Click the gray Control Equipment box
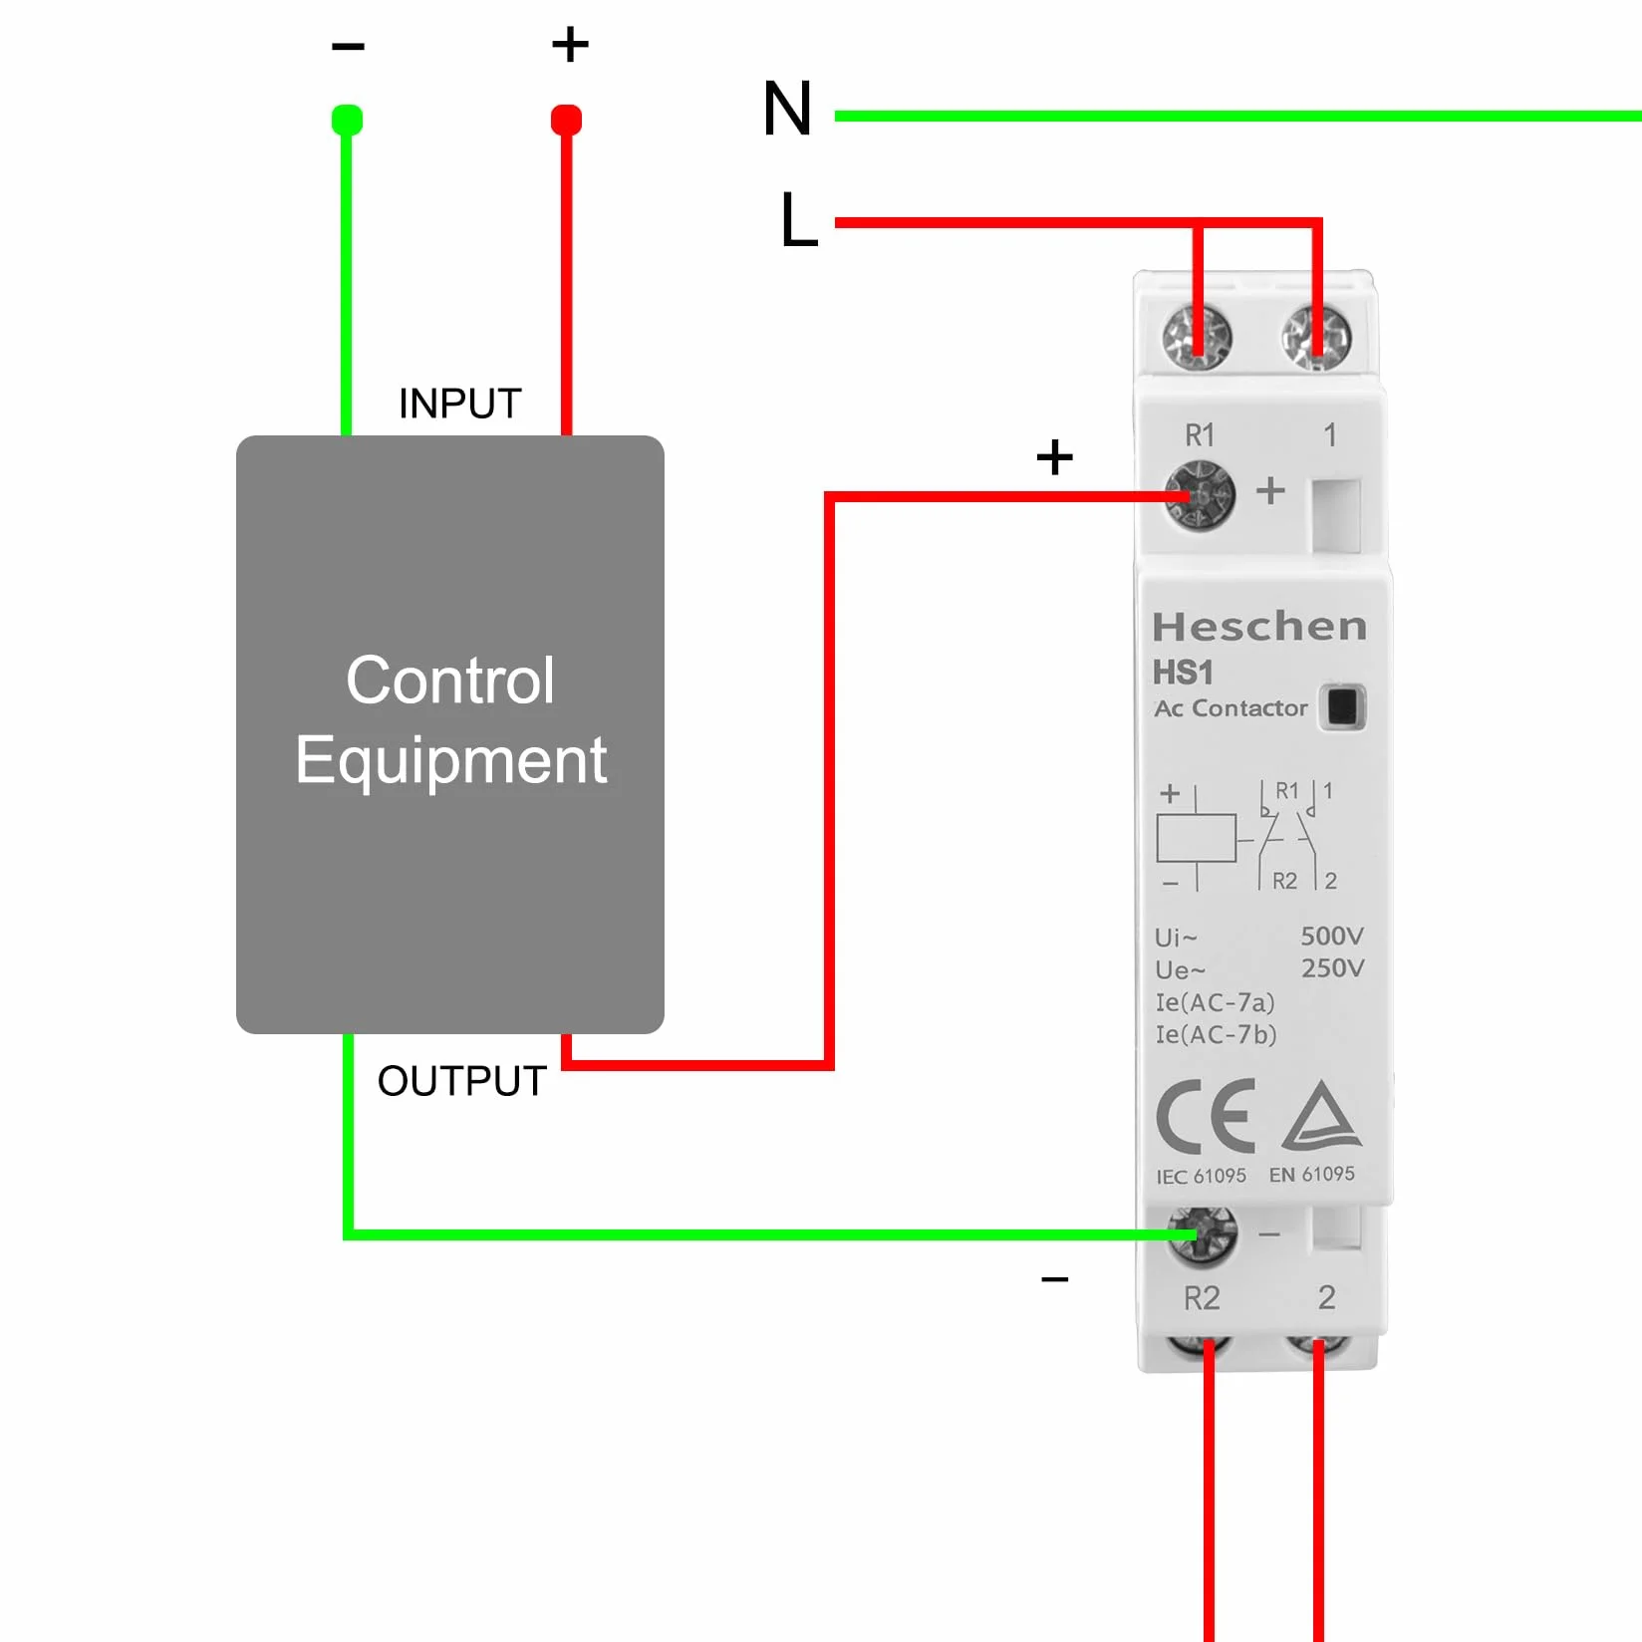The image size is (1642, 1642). [x=450, y=734]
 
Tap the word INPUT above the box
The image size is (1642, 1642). [x=460, y=404]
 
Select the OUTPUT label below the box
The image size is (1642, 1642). [x=462, y=1081]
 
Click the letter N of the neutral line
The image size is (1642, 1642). [x=787, y=108]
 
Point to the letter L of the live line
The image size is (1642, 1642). [x=798, y=219]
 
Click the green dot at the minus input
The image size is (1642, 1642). [x=347, y=120]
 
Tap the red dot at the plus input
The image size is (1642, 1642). [x=566, y=120]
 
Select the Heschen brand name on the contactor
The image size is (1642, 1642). [x=1259, y=627]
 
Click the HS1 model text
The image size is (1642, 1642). [x=1183, y=673]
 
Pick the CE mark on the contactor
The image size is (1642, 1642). [x=1205, y=1116]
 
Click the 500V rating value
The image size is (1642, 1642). [x=1332, y=936]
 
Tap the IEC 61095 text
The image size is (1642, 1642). [x=1201, y=1176]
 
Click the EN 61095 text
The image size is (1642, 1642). [x=1312, y=1174]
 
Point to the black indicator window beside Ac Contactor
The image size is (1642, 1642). [x=1342, y=707]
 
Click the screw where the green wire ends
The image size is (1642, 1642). [x=1203, y=1235]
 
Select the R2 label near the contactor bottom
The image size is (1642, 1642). [x=1202, y=1298]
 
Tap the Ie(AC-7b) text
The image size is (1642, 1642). [x=1216, y=1034]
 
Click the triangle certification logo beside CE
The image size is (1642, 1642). [x=1322, y=1115]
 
